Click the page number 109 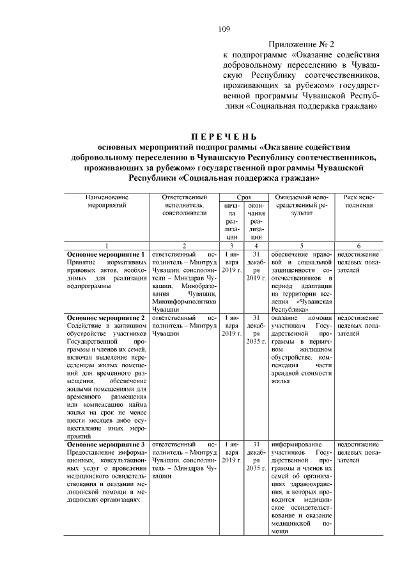pyautogui.click(x=224, y=28)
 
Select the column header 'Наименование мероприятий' pyautogui.click(x=107, y=202)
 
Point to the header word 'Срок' pyautogui.click(x=240, y=198)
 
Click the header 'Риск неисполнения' pyautogui.click(x=359, y=202)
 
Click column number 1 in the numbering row pyautogui.click(x=107, y=245)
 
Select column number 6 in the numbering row pyautogui.click(x=359, y=245)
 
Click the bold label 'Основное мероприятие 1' pyautogui.click(x=106, y=254)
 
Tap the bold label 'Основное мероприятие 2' pyautogui.click(x=106, y=317)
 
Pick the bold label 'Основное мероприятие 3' pyautogui.click(x=106, y=444)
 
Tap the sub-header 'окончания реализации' pyautogui.click(x=256, y=221)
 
